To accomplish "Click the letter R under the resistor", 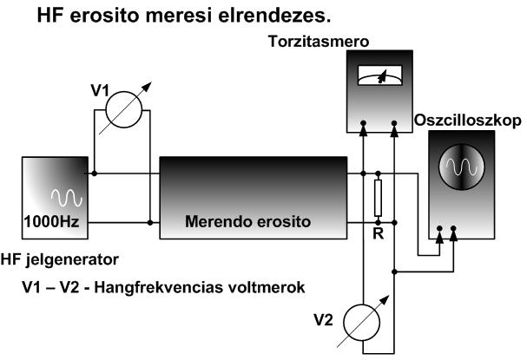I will [x=377, y=235].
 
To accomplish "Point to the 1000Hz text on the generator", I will [x=53, y=221].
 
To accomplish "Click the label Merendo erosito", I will [x=248, y=221].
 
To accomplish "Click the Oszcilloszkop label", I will [x=469, y=119].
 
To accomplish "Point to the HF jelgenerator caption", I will [x=60, y=259].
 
